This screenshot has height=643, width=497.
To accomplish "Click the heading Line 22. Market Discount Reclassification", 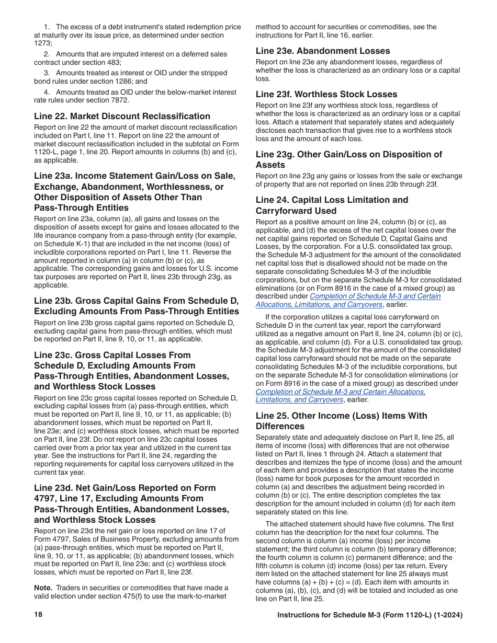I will [122, 116].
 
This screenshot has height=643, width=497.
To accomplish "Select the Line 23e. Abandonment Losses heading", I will [323, 51].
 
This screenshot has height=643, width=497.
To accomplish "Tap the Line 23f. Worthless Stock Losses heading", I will [326, 94].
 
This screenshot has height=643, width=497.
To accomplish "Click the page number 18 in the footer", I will [38, 615].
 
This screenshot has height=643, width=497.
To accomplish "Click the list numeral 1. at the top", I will [47, 27].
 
